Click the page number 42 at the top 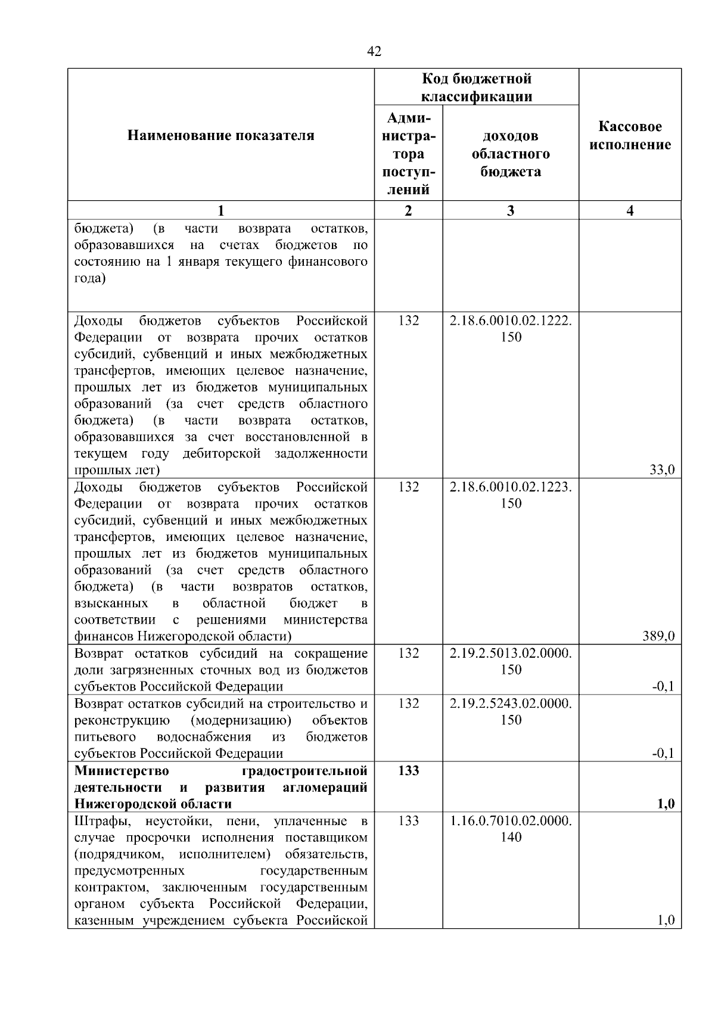(374, 52)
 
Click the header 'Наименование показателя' (220, 136)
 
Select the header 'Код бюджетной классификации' (476, 88)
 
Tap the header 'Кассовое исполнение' (630, 136)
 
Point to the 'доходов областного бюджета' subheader (511, 154)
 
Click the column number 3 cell (511, 210)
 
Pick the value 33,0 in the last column (661, 470)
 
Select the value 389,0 (658, 636)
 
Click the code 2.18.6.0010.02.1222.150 (511, 329)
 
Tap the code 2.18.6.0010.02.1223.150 (511, 495)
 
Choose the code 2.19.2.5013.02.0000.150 (511, 661)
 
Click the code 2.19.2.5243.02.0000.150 (511, 711)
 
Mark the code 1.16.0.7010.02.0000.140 (511, 829)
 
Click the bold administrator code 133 (408, 771)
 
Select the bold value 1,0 (665, 804)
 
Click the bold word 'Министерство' (122, 771)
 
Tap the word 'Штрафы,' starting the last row (100, 821)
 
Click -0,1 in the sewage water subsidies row (663, 686)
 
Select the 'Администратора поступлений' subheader (408, 154)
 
